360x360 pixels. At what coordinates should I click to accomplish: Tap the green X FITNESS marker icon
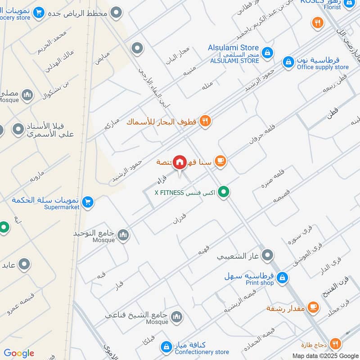224,193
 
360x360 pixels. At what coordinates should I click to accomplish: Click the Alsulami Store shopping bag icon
267,53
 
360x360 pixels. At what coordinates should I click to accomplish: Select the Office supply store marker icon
288,62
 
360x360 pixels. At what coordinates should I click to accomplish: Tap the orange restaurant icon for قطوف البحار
205,121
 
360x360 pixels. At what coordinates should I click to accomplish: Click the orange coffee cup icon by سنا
220,161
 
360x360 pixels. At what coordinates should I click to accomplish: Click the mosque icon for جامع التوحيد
123,234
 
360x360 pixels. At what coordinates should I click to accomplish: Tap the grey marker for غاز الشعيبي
268,256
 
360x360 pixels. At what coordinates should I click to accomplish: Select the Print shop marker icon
282,278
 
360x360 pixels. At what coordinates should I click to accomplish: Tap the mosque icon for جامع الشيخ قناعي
177,317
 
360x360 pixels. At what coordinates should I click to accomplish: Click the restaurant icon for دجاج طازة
335,344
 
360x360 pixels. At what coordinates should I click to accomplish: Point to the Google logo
19,353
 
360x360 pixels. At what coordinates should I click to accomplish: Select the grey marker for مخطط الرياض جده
117,13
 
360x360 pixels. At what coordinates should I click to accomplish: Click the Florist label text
332,8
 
